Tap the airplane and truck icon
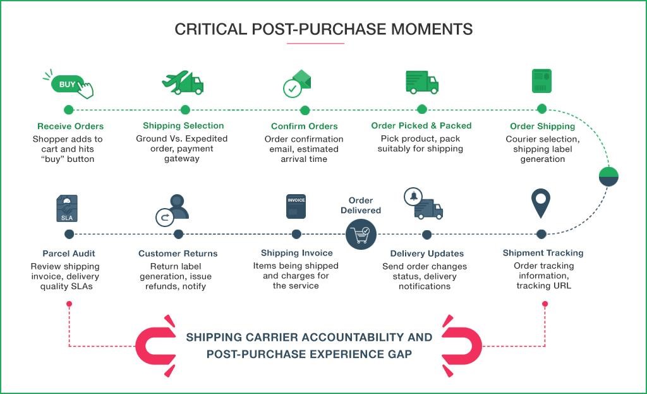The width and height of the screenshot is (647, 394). coord(183,83)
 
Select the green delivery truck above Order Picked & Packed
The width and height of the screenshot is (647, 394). coord(421,82)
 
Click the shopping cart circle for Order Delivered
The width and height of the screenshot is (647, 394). coord(361,235)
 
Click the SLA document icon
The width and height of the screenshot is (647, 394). coord(67,208)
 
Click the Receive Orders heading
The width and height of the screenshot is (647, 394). coord(70,126)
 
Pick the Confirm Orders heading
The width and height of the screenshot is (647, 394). coord(304,126)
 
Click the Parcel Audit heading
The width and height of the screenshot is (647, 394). coord(69,253)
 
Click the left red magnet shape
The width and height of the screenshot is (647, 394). coord(155,345)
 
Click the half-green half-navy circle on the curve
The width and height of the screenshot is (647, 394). coord(608,177)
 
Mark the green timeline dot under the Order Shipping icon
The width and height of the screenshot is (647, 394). coord(541,109)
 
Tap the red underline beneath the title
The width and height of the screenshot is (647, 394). coord(315,44)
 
